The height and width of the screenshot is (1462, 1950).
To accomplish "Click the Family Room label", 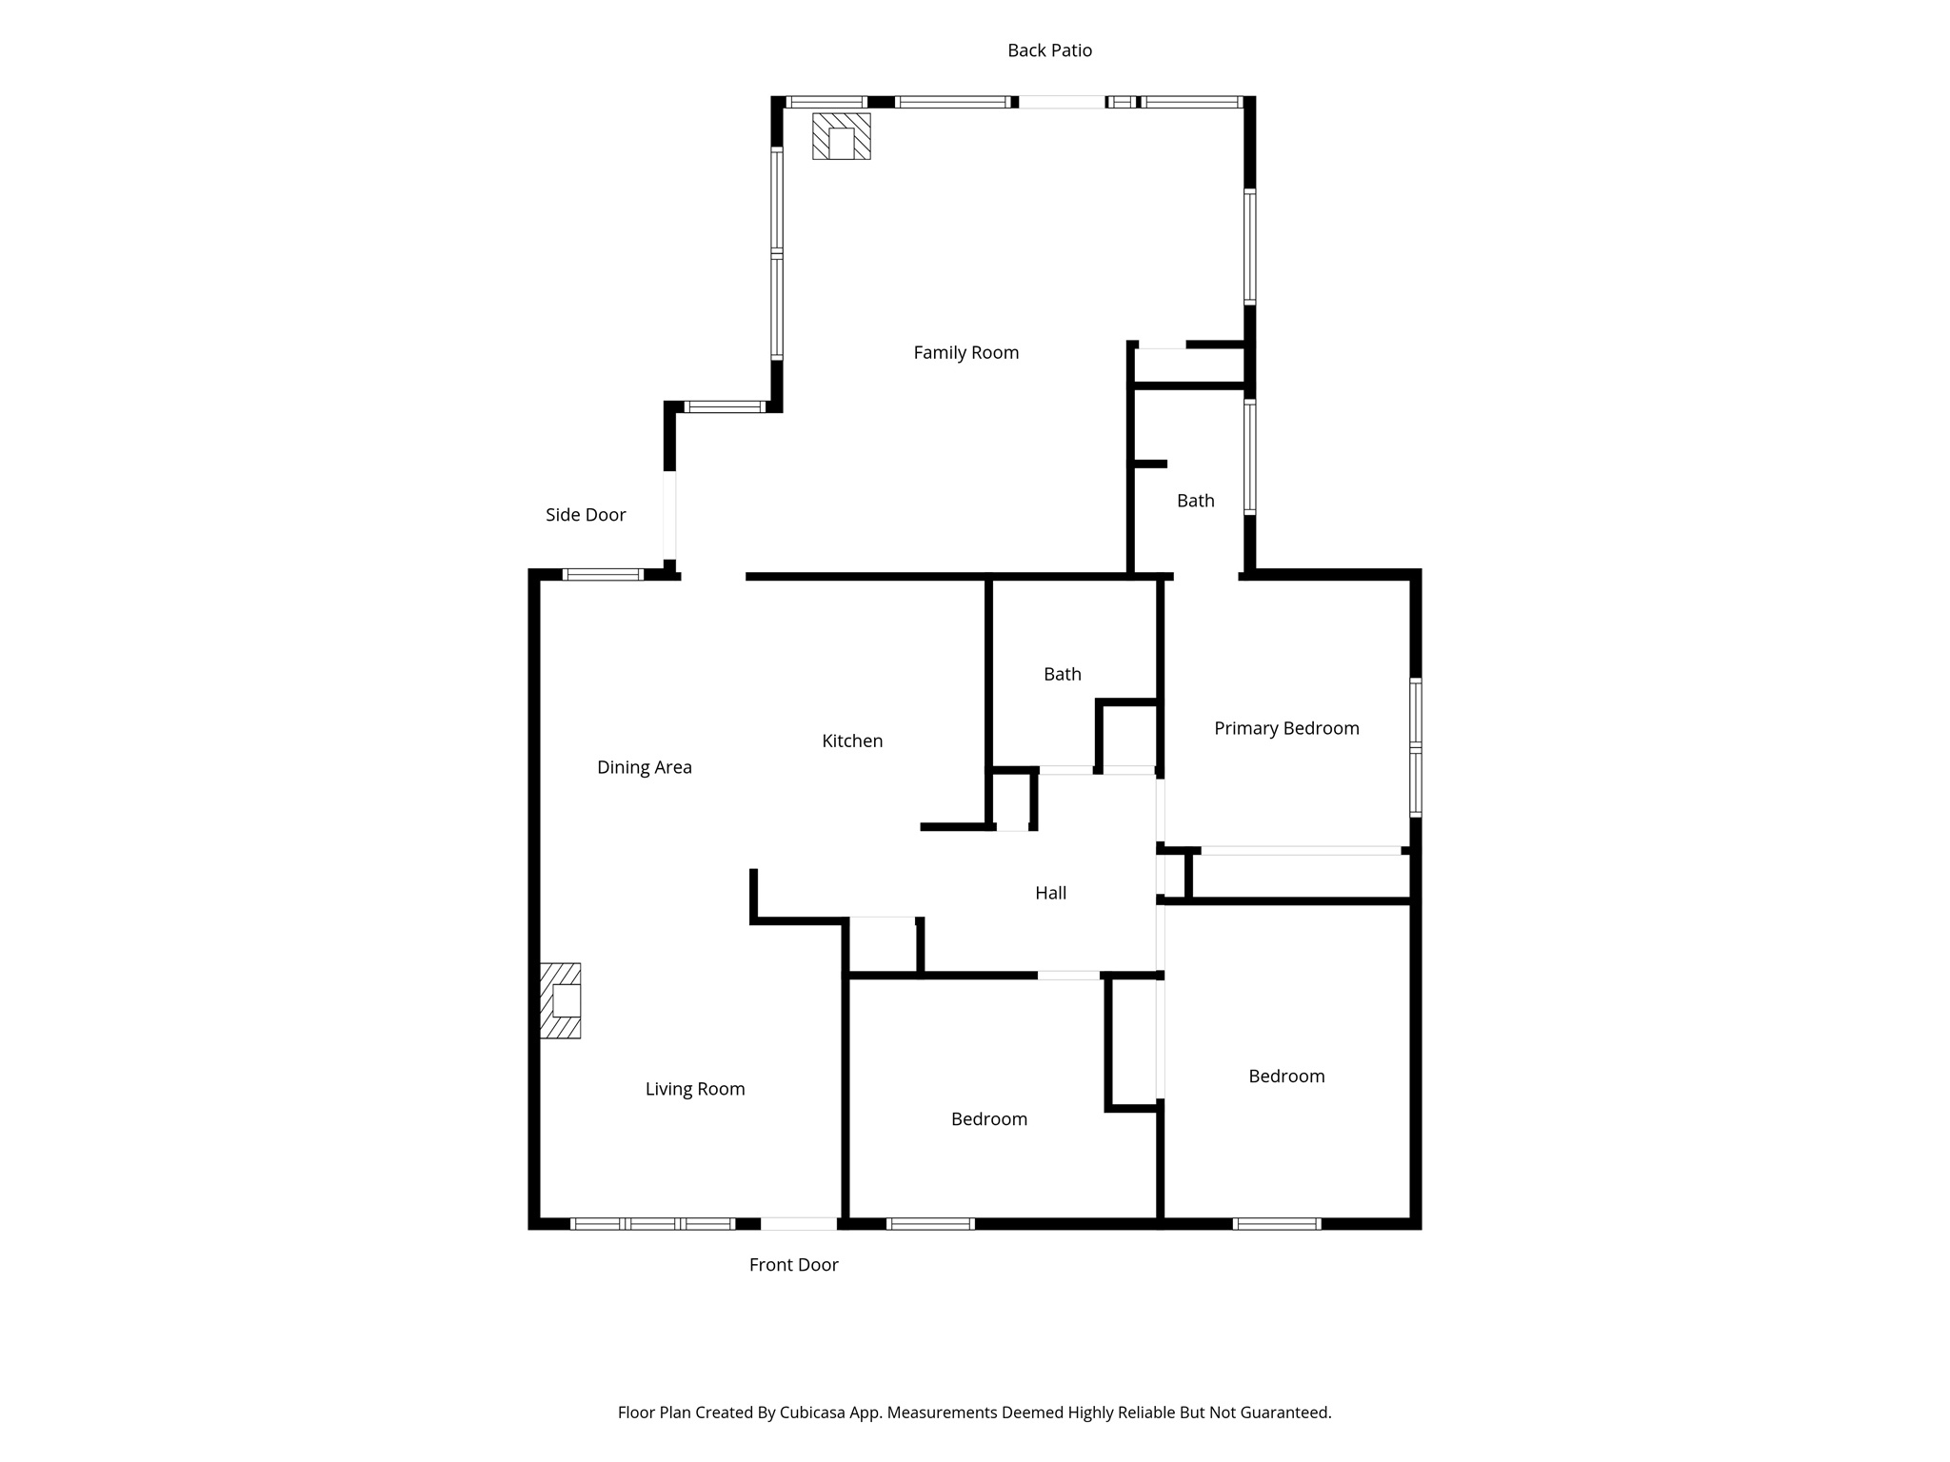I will click(x=965, y=353).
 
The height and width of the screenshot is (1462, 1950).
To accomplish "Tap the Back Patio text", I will click(x=1049, y=50).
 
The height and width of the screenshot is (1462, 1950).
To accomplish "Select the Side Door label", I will click(x=586, y=515).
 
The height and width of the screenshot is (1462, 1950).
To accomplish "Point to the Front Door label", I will click(x=793, y=1265).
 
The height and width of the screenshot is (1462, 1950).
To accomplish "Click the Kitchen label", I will click(x=852, y=741).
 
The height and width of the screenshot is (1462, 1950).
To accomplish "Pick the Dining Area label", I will click(x=644, y=767).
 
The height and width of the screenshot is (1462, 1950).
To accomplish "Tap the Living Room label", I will click(x=695, y=1089).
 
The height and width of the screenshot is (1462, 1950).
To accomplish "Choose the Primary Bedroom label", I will click(x=1286, y=728).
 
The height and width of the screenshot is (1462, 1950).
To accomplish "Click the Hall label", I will click(x=1050, y=893).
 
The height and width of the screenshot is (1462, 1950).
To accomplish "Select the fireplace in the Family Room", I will click(x=841, y=136).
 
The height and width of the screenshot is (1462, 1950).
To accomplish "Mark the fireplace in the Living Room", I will click(x=561, y=1000).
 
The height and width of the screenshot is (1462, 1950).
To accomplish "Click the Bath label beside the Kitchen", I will click(x=1062, y=674).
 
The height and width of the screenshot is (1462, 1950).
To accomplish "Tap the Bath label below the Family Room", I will click(x=1195, y=501).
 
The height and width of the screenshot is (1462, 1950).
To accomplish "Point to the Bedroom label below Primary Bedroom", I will click(x=1286, y=1077).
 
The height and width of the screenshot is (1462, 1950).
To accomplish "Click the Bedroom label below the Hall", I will click(x=988, y=1119).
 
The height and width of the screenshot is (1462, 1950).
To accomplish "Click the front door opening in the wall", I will click(x=799, y=1223).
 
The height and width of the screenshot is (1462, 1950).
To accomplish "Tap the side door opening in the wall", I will click(x=669, y=515).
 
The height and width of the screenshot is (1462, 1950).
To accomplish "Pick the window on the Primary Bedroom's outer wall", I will click(x=1416, y=747).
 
